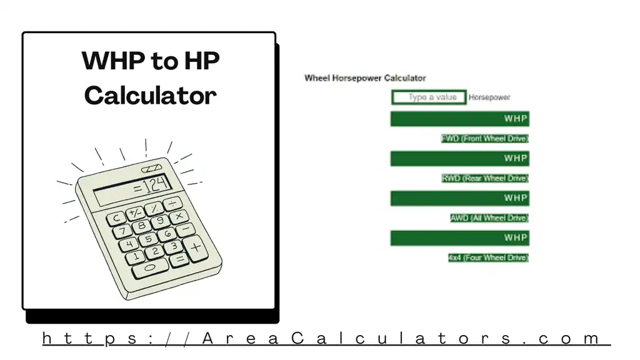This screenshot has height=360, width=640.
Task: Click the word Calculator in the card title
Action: click(150, 95)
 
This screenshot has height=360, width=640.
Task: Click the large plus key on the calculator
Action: click(196, 247)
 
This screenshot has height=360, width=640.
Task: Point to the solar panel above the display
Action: click(152, 169)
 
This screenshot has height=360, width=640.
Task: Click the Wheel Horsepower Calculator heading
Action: click(365, 78)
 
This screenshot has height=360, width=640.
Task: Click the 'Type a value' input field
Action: click(429, 97)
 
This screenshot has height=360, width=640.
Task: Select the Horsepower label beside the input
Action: click(489, 97)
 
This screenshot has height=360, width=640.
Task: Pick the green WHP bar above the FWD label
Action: click(459, 119)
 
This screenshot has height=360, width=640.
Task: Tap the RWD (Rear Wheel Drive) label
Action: click(485, 178)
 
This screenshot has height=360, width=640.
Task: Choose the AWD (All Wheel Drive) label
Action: click(489, 218)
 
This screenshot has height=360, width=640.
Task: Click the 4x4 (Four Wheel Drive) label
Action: click(488, 257)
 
